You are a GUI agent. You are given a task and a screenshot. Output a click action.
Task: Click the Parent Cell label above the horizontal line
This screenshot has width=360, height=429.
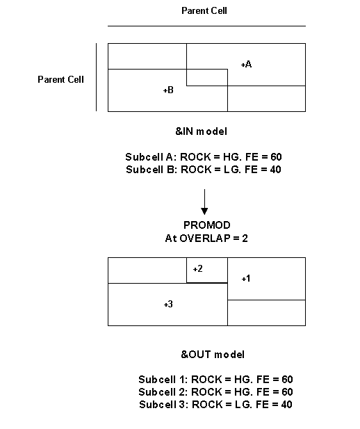point(204,10)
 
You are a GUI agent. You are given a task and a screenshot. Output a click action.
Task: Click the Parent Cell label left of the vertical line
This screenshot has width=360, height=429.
point(60,80)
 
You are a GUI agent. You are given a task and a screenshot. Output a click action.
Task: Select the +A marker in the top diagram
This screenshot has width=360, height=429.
point(246,64)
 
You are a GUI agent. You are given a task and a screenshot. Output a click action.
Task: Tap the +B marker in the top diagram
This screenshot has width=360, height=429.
point(168,90)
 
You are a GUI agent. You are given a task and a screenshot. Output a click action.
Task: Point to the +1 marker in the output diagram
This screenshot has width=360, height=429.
point(246,279)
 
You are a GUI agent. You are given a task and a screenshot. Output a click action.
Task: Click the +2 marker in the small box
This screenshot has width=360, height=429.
point(198,268)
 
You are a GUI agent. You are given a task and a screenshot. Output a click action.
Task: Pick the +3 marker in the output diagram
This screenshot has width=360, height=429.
point(168,305)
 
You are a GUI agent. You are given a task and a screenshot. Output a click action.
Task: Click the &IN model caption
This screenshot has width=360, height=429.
point(202,131)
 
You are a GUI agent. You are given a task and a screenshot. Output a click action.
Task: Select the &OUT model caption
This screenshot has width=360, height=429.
point(213,355)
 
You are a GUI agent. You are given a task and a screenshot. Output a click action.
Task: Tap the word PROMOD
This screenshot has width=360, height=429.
point(207,225)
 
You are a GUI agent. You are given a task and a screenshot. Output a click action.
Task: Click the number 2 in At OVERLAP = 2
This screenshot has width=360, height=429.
point(245,238)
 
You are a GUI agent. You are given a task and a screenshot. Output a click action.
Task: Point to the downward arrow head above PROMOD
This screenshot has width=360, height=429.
point(204,211)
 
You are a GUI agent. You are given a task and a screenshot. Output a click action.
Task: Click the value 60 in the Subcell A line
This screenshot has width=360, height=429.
point(277,157)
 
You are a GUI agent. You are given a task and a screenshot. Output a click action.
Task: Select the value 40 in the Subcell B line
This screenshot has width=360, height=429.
point(275,170)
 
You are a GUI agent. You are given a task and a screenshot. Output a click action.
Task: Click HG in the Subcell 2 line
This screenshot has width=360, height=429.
point(240,392)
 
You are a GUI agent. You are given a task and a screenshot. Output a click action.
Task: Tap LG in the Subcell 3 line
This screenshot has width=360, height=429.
point(240,405)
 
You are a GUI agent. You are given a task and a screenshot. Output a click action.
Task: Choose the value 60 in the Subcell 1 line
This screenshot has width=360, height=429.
point(287,380)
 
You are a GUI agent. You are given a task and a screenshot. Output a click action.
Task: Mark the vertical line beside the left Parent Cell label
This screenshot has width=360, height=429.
point(97,77)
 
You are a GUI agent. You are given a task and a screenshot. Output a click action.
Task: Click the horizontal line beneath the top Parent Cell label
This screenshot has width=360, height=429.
point(206,26)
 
